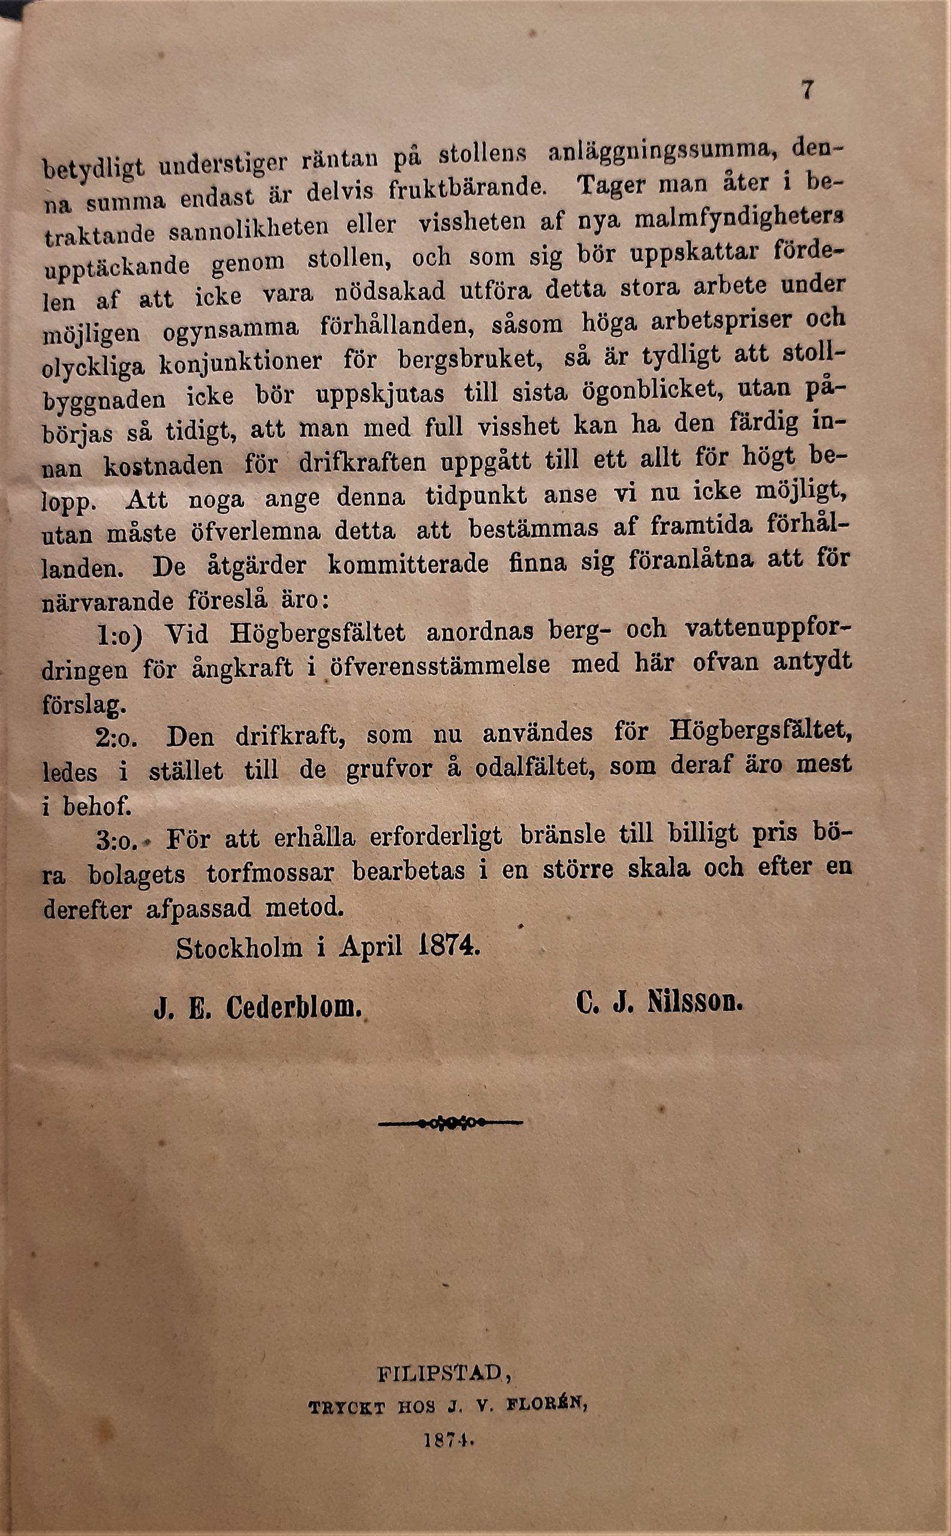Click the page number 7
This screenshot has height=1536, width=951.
coord(807,89)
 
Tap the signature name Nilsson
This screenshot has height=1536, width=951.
coord(695,1003)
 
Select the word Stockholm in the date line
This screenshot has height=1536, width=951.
coord(239,948)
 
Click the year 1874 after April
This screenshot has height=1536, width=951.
coord(449,946)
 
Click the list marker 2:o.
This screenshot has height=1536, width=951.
coord(117,737)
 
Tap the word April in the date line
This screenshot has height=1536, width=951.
coord(371,947)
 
